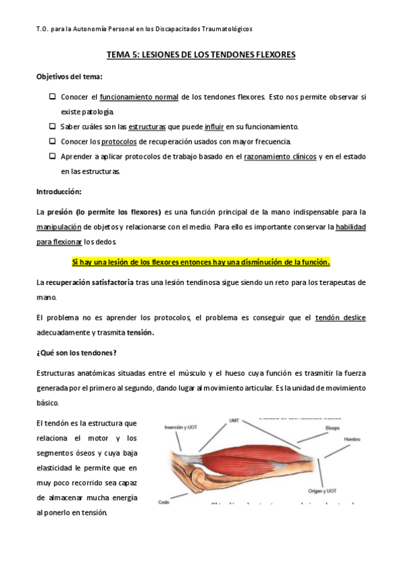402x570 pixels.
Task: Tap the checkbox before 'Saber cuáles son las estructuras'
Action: tap(52, 126)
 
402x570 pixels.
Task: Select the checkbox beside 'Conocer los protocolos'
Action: tap(52, 141)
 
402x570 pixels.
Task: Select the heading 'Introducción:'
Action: tap(58, 192)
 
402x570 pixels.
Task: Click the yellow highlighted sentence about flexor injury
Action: tap(201, 261)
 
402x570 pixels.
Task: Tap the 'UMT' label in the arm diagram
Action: tap(234, 421)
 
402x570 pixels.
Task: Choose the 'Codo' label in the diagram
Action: tap(163, 502)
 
